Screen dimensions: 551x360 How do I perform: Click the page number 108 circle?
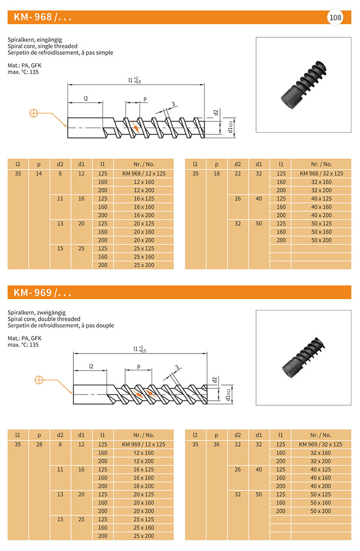point(335,18)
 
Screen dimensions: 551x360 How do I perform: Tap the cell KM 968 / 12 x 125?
point(144,174)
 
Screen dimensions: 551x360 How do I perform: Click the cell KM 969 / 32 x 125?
point(321,444)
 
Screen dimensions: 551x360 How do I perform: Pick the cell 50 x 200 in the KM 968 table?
point(321,240)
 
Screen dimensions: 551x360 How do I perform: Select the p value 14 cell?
point(39,174)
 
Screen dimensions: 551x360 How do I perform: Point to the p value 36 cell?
point(216,444)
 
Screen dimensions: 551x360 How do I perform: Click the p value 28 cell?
point(39,444)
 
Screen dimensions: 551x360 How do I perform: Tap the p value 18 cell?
point(216,174)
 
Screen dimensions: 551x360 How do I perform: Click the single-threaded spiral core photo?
point(303,85)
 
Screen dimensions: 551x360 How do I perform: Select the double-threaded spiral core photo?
point(303,356)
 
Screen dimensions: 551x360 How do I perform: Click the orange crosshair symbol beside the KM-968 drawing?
point(34,113)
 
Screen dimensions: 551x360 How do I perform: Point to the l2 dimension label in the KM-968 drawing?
point(85,98)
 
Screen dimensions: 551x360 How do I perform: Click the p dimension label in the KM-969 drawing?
point(139,366)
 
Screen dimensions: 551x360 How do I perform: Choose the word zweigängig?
point(51,312)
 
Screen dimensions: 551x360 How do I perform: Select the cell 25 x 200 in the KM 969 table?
point(144,536)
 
